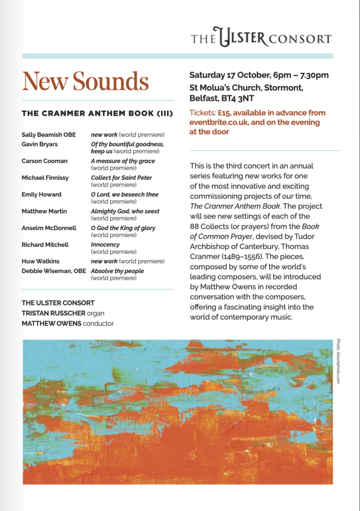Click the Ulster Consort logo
261,37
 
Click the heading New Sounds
85,81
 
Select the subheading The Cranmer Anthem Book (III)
97,114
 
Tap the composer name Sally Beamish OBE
49,135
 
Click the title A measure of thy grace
123,161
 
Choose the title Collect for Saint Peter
121,178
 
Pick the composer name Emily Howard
41,195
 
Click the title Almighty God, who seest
125,211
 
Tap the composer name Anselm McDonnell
49,228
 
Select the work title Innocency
105,245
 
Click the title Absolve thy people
117,271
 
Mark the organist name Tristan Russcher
52,313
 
